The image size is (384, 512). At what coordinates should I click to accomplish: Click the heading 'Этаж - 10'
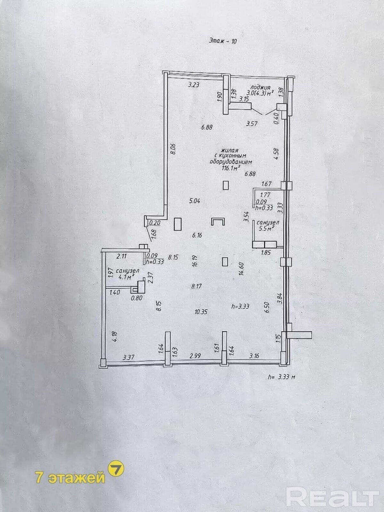tap(222, 41)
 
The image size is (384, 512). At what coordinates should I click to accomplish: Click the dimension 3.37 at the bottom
tap(128, 357)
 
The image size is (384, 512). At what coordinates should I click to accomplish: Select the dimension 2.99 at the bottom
tap(195, 356)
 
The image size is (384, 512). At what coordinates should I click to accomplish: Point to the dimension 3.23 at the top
tap(194, 85)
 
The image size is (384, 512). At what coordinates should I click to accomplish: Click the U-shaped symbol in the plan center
tap(218, 222)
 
